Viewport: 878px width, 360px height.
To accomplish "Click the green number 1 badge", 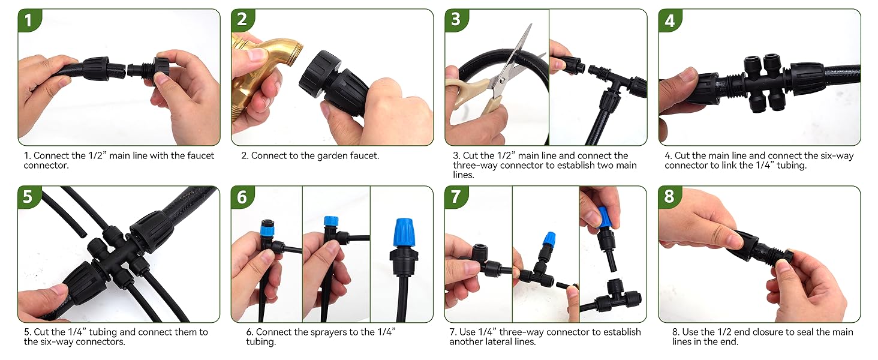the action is tap(28, 20).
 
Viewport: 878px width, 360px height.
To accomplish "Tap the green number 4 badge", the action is tap(669, 20).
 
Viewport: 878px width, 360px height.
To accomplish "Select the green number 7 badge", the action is tap(455, 196).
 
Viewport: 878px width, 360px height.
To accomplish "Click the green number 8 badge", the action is tap(669, 196).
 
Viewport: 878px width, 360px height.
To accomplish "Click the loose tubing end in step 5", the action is tap(83, 235).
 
